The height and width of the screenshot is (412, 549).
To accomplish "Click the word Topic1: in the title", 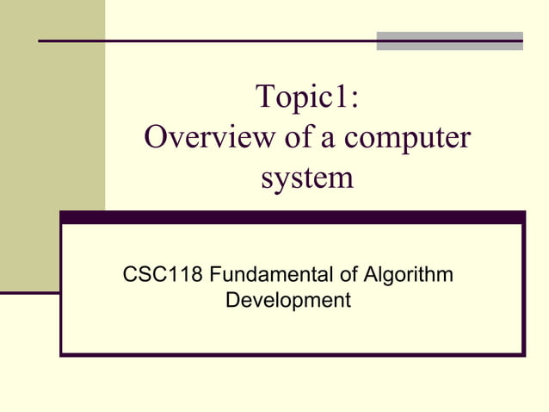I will click(307, 98).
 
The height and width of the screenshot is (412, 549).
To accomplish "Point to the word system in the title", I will click(306, 178).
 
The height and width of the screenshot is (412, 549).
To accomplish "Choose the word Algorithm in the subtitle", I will click(405, 277).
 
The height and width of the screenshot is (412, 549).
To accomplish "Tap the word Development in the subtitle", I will click(287, 301).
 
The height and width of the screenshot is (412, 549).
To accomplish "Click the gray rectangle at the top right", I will click(449, 41).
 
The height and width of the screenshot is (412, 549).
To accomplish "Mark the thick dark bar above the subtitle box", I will click(292, 218).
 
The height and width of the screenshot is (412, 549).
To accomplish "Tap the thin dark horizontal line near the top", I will click(207, 41).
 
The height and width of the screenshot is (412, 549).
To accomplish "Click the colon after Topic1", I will click(354, 100).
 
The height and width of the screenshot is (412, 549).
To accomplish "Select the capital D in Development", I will click(231, 301).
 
